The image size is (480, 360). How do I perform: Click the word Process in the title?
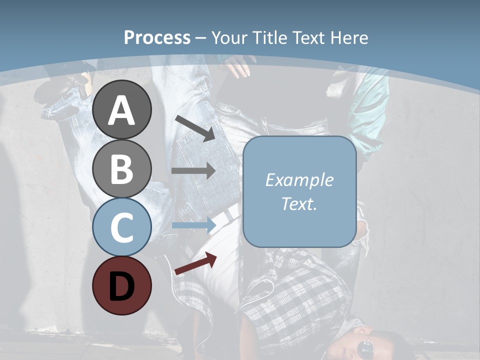coord(157,38)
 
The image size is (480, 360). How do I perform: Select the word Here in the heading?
coord(348,37)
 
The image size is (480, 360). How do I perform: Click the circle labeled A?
coord(122,110)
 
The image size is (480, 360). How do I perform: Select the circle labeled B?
coord(122,168)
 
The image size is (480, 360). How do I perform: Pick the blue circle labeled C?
coord(122,227)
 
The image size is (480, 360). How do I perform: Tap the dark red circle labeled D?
coord(122,285)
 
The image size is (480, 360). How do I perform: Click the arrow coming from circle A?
coord(195,128)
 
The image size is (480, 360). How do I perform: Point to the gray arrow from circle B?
coord(193,170)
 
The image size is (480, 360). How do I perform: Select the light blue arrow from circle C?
coord(193,225)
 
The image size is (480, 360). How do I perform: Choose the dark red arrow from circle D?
coord(195,263)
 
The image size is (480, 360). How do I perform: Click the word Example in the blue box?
coord(299,180)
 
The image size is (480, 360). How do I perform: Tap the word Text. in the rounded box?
coord(299,203)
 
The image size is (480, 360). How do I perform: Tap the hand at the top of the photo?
coord(239,66)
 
